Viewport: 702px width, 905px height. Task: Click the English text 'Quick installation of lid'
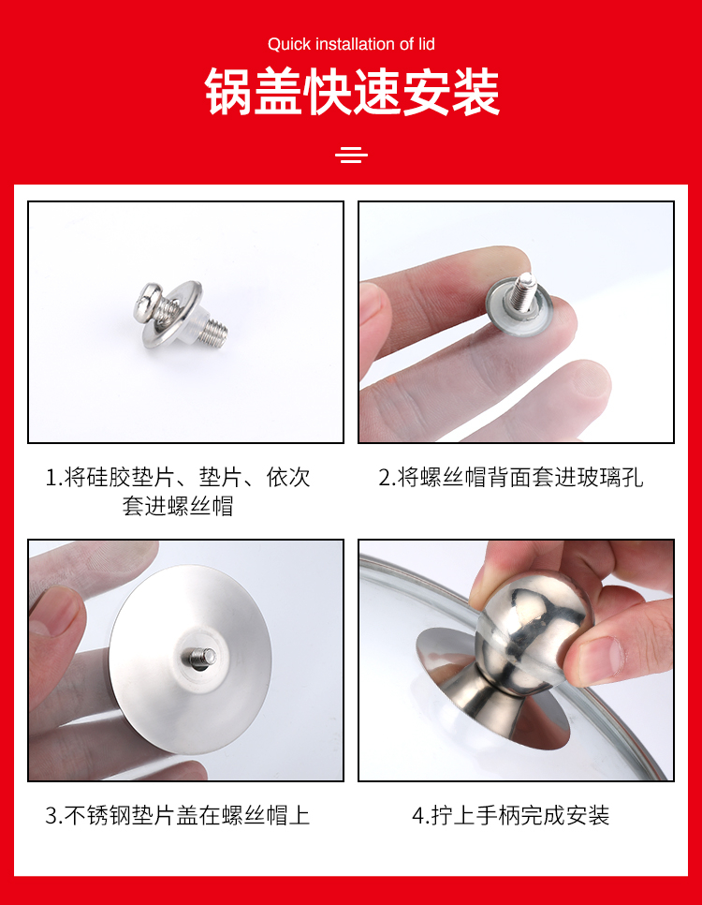point(351,44)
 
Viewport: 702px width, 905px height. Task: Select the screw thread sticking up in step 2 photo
point(525,287)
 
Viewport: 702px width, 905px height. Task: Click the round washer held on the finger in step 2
point(518,304)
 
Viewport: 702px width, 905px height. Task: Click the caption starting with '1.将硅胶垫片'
point(178,478)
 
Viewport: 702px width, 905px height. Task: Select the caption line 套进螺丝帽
point(178,506)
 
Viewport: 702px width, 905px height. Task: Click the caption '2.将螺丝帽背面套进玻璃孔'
point(510,478)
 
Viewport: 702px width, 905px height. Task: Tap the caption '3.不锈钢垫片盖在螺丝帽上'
point(178,816)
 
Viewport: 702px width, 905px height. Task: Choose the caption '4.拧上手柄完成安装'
point(510,816)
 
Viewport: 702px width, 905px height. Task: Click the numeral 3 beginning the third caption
point(51,816)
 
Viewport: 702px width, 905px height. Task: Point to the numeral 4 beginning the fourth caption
point(418,816)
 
